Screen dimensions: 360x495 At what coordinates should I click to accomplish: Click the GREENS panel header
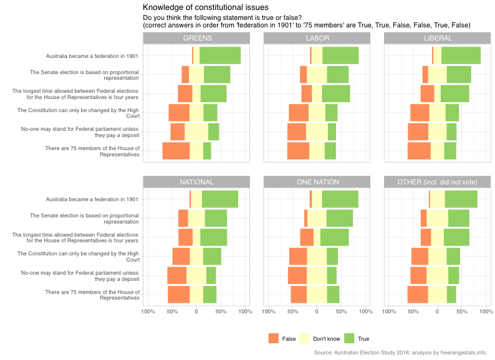point(196,38)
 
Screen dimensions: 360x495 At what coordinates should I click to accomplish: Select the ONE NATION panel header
point(317,182)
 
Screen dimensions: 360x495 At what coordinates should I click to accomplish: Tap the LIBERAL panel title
point(437,38)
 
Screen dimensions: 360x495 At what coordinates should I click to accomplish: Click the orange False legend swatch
point(274,338)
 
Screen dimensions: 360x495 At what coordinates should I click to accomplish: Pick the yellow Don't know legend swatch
point(304,338)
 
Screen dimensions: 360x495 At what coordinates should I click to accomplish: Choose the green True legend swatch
point(349,338)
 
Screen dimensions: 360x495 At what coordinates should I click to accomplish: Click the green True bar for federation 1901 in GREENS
point(219,55)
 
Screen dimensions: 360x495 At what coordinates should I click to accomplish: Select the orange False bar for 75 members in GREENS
point(176,151)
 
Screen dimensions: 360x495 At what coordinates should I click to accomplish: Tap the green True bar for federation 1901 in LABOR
point(340,55)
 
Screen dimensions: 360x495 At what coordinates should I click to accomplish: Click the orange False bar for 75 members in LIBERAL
point(419,151)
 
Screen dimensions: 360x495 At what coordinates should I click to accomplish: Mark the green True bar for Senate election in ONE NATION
point(340,218)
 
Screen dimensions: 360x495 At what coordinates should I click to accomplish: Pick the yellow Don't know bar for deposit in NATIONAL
point(196,275)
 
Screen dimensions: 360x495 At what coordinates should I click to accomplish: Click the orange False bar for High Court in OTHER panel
point(420,256)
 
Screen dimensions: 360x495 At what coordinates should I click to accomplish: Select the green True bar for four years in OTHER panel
point(456,237)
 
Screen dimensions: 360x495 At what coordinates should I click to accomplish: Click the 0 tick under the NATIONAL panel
point(196,311)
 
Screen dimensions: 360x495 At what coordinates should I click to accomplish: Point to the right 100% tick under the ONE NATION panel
point(365,311)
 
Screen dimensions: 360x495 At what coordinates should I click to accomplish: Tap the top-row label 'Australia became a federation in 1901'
point(92,56)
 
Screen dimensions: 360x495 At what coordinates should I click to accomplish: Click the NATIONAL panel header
point(196,182)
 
